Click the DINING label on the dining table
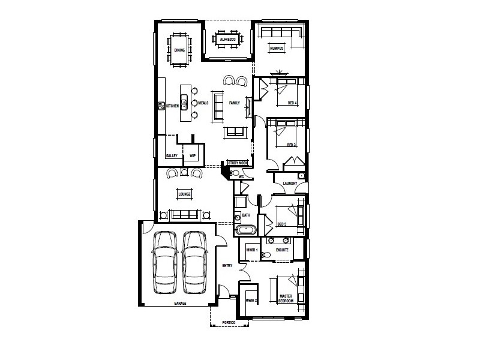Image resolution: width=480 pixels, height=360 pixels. click(180, 50)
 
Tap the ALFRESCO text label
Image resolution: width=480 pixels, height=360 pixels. click(226, 40)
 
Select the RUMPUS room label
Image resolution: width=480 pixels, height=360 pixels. click(276, 48)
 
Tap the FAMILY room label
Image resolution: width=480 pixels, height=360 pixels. click(234, 103)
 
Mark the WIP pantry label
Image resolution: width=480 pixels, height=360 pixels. click(193, 156)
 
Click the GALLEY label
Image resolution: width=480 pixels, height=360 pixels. click(171, 156)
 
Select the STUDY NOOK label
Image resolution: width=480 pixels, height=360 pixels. click(238, 162)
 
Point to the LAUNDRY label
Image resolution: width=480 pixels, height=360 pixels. click(291, 184)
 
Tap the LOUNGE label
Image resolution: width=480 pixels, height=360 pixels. click(184, 194)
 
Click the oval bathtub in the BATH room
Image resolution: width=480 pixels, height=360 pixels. click(246, 230)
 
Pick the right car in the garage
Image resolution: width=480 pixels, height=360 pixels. click(194, 262)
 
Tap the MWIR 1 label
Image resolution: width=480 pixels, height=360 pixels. click(252, 250)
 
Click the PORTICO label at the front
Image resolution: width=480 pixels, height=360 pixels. click(229, 323)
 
